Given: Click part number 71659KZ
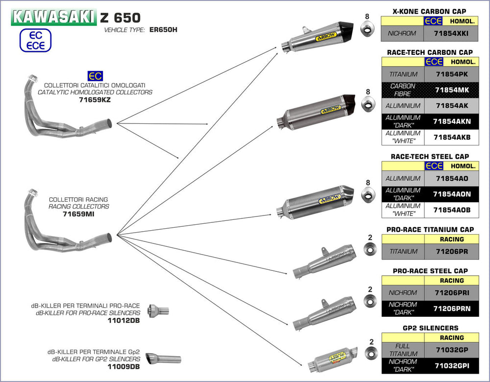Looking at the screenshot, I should tap(95, 99).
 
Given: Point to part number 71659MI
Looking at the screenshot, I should tap(79, 214).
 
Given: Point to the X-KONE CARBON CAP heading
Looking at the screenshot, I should tap(429, 11).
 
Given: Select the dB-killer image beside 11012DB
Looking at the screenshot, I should tap(158, 310).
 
